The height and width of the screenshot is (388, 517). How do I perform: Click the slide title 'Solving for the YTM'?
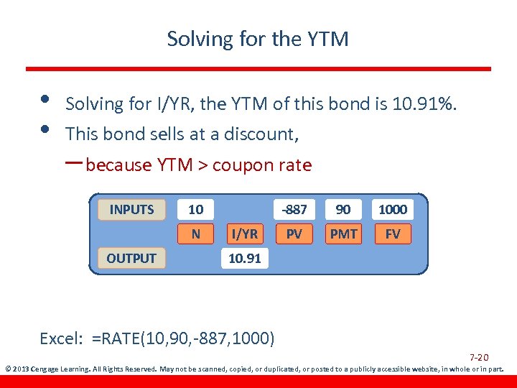coord(258,39)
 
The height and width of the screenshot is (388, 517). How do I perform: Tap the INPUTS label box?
coord(131,210)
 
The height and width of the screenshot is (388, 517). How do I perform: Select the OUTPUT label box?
coord(131,258)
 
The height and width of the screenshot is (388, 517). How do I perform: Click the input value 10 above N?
coord(195,210)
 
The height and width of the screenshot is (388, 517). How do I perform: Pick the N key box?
coord(195,234)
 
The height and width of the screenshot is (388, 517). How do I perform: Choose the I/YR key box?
coord(244,234)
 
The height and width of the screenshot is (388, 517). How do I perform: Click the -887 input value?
coord(294,210)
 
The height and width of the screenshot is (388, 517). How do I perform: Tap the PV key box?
coord(294,234)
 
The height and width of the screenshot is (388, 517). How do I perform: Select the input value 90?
coord(343,210)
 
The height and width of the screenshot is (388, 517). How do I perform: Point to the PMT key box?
coord(343,234)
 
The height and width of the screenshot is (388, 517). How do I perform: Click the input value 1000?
coord(393,210)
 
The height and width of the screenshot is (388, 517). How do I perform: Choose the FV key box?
coord(393,234)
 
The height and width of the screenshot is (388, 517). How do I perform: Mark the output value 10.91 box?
coord(244,258)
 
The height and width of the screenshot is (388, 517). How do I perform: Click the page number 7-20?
coord(479,358)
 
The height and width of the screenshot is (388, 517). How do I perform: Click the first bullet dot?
coord(45,98)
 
